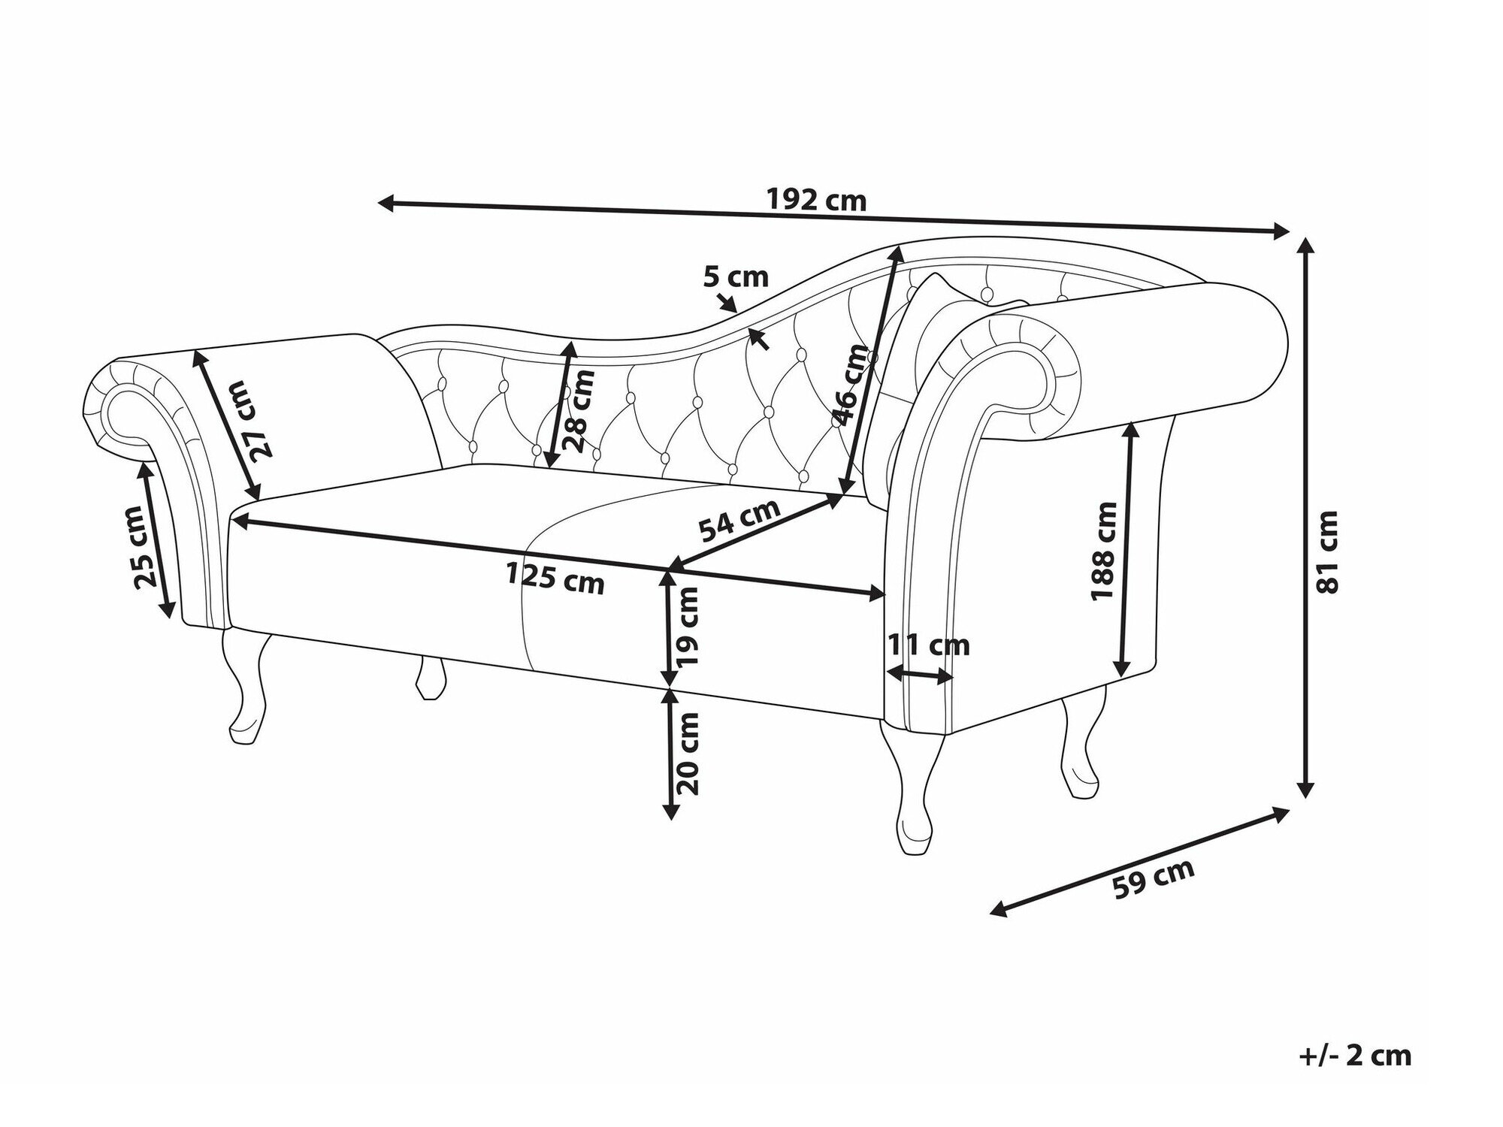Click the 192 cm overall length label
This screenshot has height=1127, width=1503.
(817, 201)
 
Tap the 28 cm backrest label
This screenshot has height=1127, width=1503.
(582, 411)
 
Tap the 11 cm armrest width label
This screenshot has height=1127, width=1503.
(929, 645)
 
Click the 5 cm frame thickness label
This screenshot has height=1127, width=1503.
(736, 277)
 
